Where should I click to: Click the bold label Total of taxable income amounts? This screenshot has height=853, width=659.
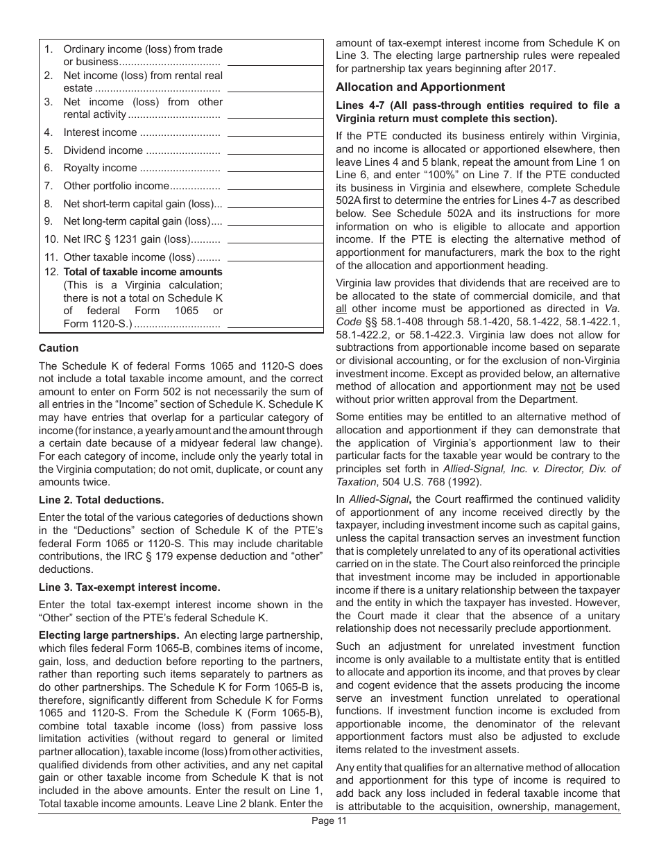tap(143, 272)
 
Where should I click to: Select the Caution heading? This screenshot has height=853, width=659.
tap(58, 348)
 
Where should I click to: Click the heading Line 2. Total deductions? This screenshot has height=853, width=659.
tap(101, 500)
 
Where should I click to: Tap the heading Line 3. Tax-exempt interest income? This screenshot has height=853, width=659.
tap(130, 587)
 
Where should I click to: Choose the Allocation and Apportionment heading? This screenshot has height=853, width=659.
tap(420, 87)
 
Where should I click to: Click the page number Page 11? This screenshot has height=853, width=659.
tap(329, 822)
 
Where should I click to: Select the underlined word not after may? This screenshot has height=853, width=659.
tap(568, 386)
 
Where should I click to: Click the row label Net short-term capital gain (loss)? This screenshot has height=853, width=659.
tap(143, 204)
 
